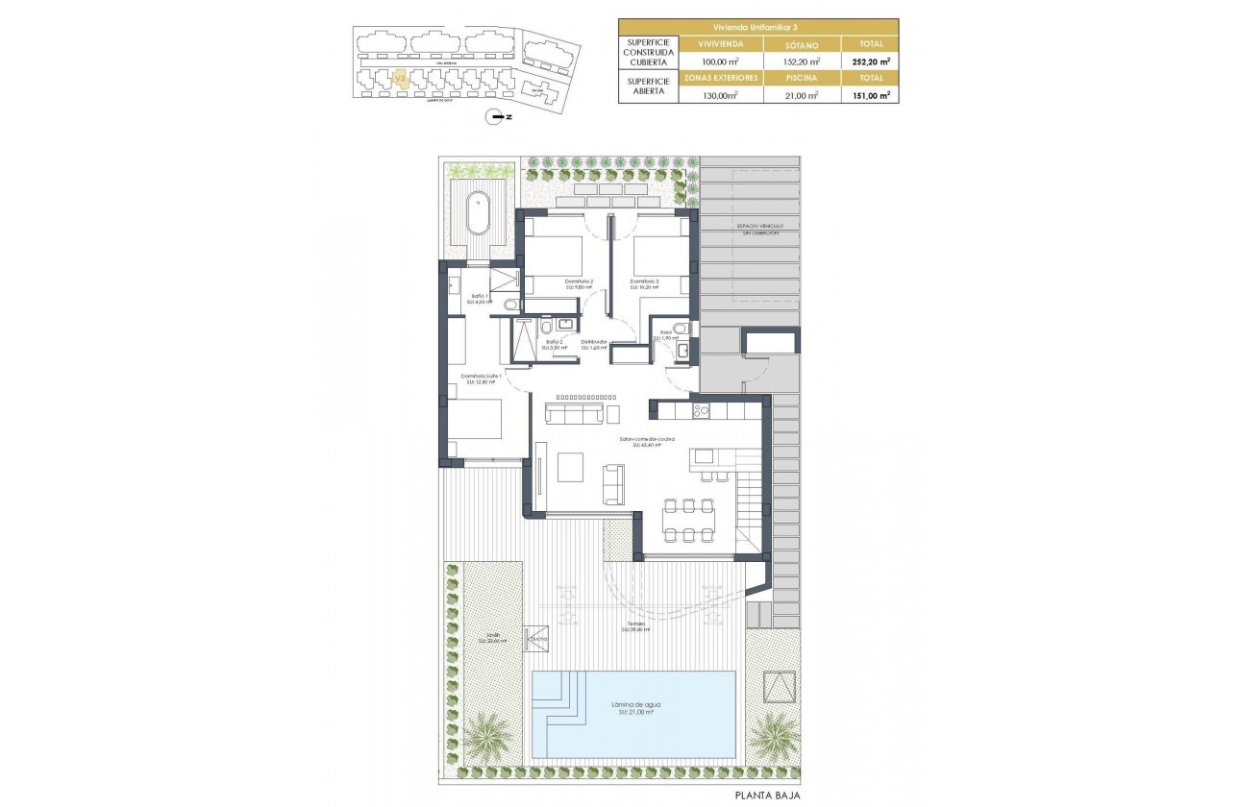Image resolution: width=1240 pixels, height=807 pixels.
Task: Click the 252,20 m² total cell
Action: pyautogui.click(x=870, y=60)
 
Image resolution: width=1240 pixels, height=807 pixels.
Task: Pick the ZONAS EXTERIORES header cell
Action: pyautogui.click(x=720, y=77)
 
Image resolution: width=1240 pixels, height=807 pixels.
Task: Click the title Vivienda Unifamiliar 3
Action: pyautogui.click(x=757, y=26)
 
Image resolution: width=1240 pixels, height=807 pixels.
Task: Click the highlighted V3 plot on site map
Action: pyautogui.click(x=401, y=79)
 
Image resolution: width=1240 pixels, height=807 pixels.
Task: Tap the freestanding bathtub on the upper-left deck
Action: pyautogui.click(x=478, y=213)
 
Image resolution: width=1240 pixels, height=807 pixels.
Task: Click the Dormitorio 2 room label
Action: pyautogui.click(x=579, y=282)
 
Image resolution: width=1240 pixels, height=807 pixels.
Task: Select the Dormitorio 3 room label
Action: pyautogui.click(x=644, y=282)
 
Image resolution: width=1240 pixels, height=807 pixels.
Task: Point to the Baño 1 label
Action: pyautogui.click(x=480, y=298)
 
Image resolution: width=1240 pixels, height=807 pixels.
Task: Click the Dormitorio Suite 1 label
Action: pyautogui.click(x=481, y=378)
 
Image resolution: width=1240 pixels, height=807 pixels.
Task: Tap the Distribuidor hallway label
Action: pyautogui.click(x=594, y=344)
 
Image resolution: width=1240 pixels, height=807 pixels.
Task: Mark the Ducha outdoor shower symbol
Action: pyautogui.click(x=534, y=638)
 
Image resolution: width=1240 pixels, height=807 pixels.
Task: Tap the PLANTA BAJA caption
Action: pyautogui.click(x=767, y=795)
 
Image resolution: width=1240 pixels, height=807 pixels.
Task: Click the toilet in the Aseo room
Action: pyautogui.click(x=681, y=329)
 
